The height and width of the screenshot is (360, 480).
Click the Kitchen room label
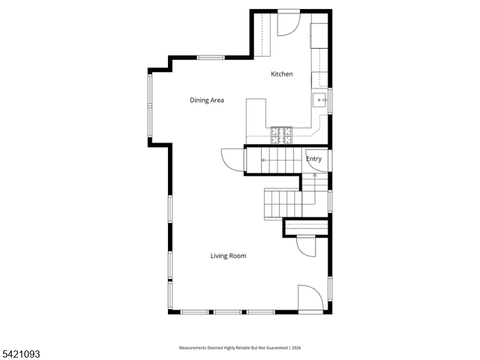(x=281, y=74)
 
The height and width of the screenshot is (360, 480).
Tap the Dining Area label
(x=206, y=100)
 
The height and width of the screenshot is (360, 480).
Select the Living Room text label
(x=228, y=256)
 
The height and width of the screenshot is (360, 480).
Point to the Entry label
(x=314, y=159)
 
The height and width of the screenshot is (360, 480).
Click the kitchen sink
(x=320, y=100)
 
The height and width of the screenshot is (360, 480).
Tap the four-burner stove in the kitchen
(x=281, y=136)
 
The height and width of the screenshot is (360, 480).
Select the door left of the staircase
(x=233, y=160)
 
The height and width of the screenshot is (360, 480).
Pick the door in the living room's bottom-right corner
(x=310, y=298)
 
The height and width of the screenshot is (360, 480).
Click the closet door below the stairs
(x=306, y=247)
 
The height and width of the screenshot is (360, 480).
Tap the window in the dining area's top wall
(x=211, y=58)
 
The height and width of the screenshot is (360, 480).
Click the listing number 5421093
(x=20, y=354)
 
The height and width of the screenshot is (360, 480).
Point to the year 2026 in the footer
(x=296, y=348)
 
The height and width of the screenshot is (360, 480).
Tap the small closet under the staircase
(x=306, y=227)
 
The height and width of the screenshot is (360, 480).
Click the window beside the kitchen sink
(x=330, y=101)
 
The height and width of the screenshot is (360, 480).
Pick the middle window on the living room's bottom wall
(x=227, y=312)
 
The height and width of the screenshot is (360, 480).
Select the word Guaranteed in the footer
(x=277, y=348)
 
